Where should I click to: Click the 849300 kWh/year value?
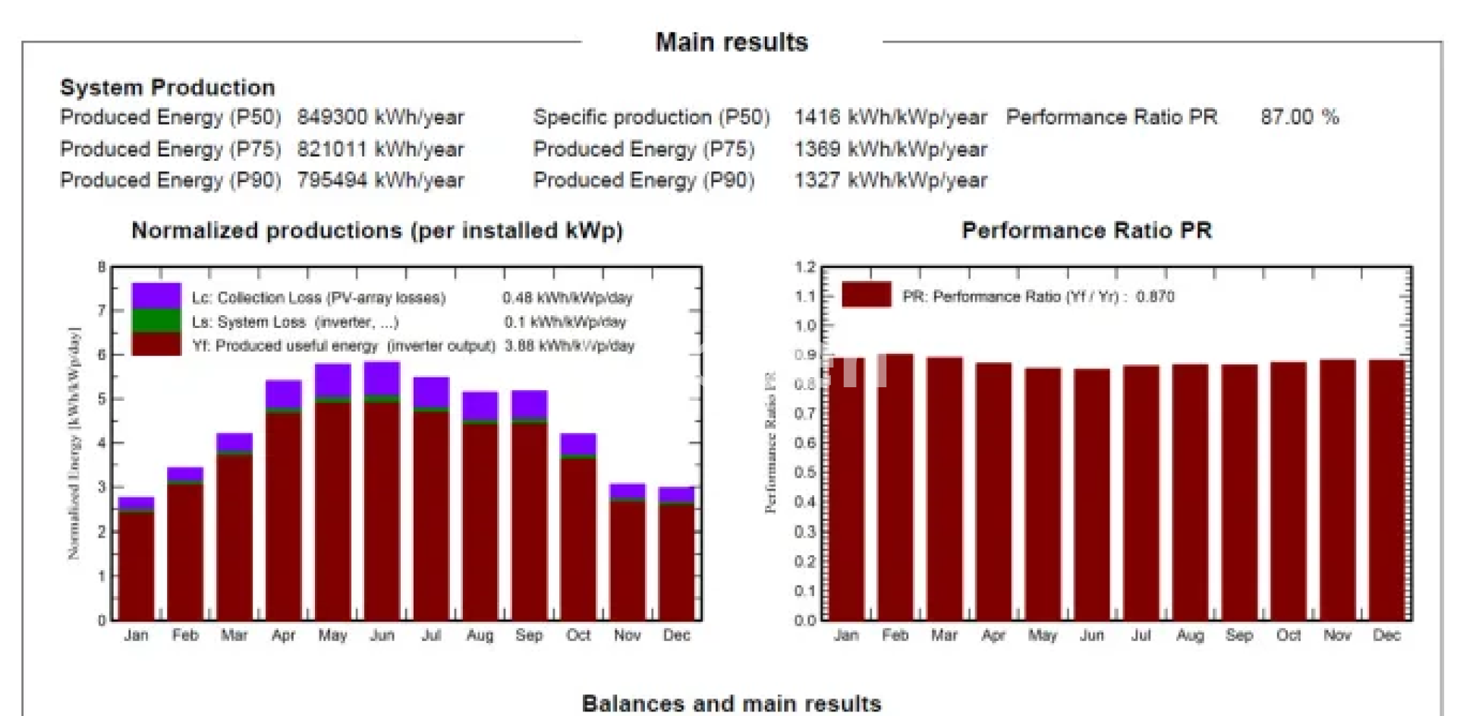click(379, 118)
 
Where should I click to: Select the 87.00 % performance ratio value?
click(1299, 117)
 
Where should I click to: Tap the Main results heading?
click(732, 42)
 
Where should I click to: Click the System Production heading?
click(167, 87)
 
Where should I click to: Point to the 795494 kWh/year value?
click(379, 181)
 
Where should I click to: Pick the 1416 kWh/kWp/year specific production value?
click(890, 118)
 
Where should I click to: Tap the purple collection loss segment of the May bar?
click(332, 380)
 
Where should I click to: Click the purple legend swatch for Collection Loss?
click(156, 295)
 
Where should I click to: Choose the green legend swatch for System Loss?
click(156, 320)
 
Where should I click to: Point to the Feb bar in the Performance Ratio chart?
click(895, 486)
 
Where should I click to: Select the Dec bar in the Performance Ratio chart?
click(1386, 490)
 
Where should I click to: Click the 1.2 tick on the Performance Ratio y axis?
click(805, 267)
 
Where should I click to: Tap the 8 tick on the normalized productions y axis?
click(102, 267)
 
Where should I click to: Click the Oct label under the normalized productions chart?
click(577, 636)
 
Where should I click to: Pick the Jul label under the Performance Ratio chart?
click(1141, 636)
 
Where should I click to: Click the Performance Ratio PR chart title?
click(1086, 230)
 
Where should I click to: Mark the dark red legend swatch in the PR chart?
click(867, 295)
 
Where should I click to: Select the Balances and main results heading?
click(732, 703)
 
